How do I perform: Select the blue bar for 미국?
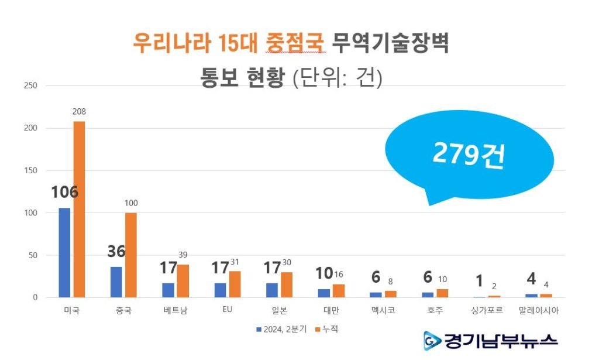click(64, 252)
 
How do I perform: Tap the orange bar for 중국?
click(131, 255)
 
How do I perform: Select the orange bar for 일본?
click(287, 284)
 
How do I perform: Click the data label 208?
click(79, 111)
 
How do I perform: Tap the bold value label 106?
click(64, 193)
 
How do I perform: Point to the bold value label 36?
click(116, 251)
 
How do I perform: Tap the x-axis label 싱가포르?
click(487, 311)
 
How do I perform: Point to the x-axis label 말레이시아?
click(539, 311)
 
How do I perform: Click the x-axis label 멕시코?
click(383, 311)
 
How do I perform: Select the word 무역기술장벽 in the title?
click(390, 43)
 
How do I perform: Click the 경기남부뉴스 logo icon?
click(432, 340)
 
